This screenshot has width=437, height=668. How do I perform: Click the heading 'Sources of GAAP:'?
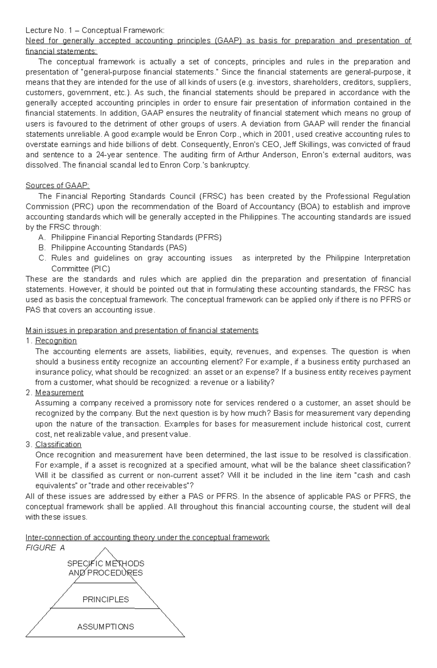(x=57, y=186)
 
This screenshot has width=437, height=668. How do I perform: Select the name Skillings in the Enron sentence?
(x=310, y=144)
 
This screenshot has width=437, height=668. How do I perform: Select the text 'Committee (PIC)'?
(x=80, y=269)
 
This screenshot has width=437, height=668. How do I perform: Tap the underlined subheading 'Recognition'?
(x=56, y=341)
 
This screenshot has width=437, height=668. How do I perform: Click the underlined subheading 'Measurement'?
(x=59, y=393)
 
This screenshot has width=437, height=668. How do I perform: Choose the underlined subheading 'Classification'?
(x=58, y=444)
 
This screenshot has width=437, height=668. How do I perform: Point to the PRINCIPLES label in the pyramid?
(x=106, y=600)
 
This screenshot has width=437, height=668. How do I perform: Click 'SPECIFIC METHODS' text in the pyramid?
(x=106, y=564)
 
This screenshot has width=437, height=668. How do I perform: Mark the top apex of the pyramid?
(x=105, y=548)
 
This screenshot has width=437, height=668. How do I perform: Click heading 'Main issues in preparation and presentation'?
(x=142, y=331)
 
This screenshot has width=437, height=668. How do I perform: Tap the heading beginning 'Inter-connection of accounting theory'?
(x=147, y=538)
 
